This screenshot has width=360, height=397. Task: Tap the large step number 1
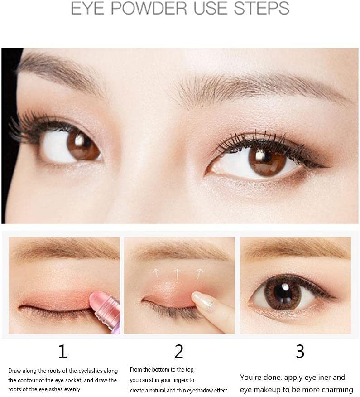pos(62,351)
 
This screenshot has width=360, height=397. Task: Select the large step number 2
pos(179,351)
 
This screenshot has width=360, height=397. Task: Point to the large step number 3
pos(300,351)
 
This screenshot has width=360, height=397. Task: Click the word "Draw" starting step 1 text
pos(14,371)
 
